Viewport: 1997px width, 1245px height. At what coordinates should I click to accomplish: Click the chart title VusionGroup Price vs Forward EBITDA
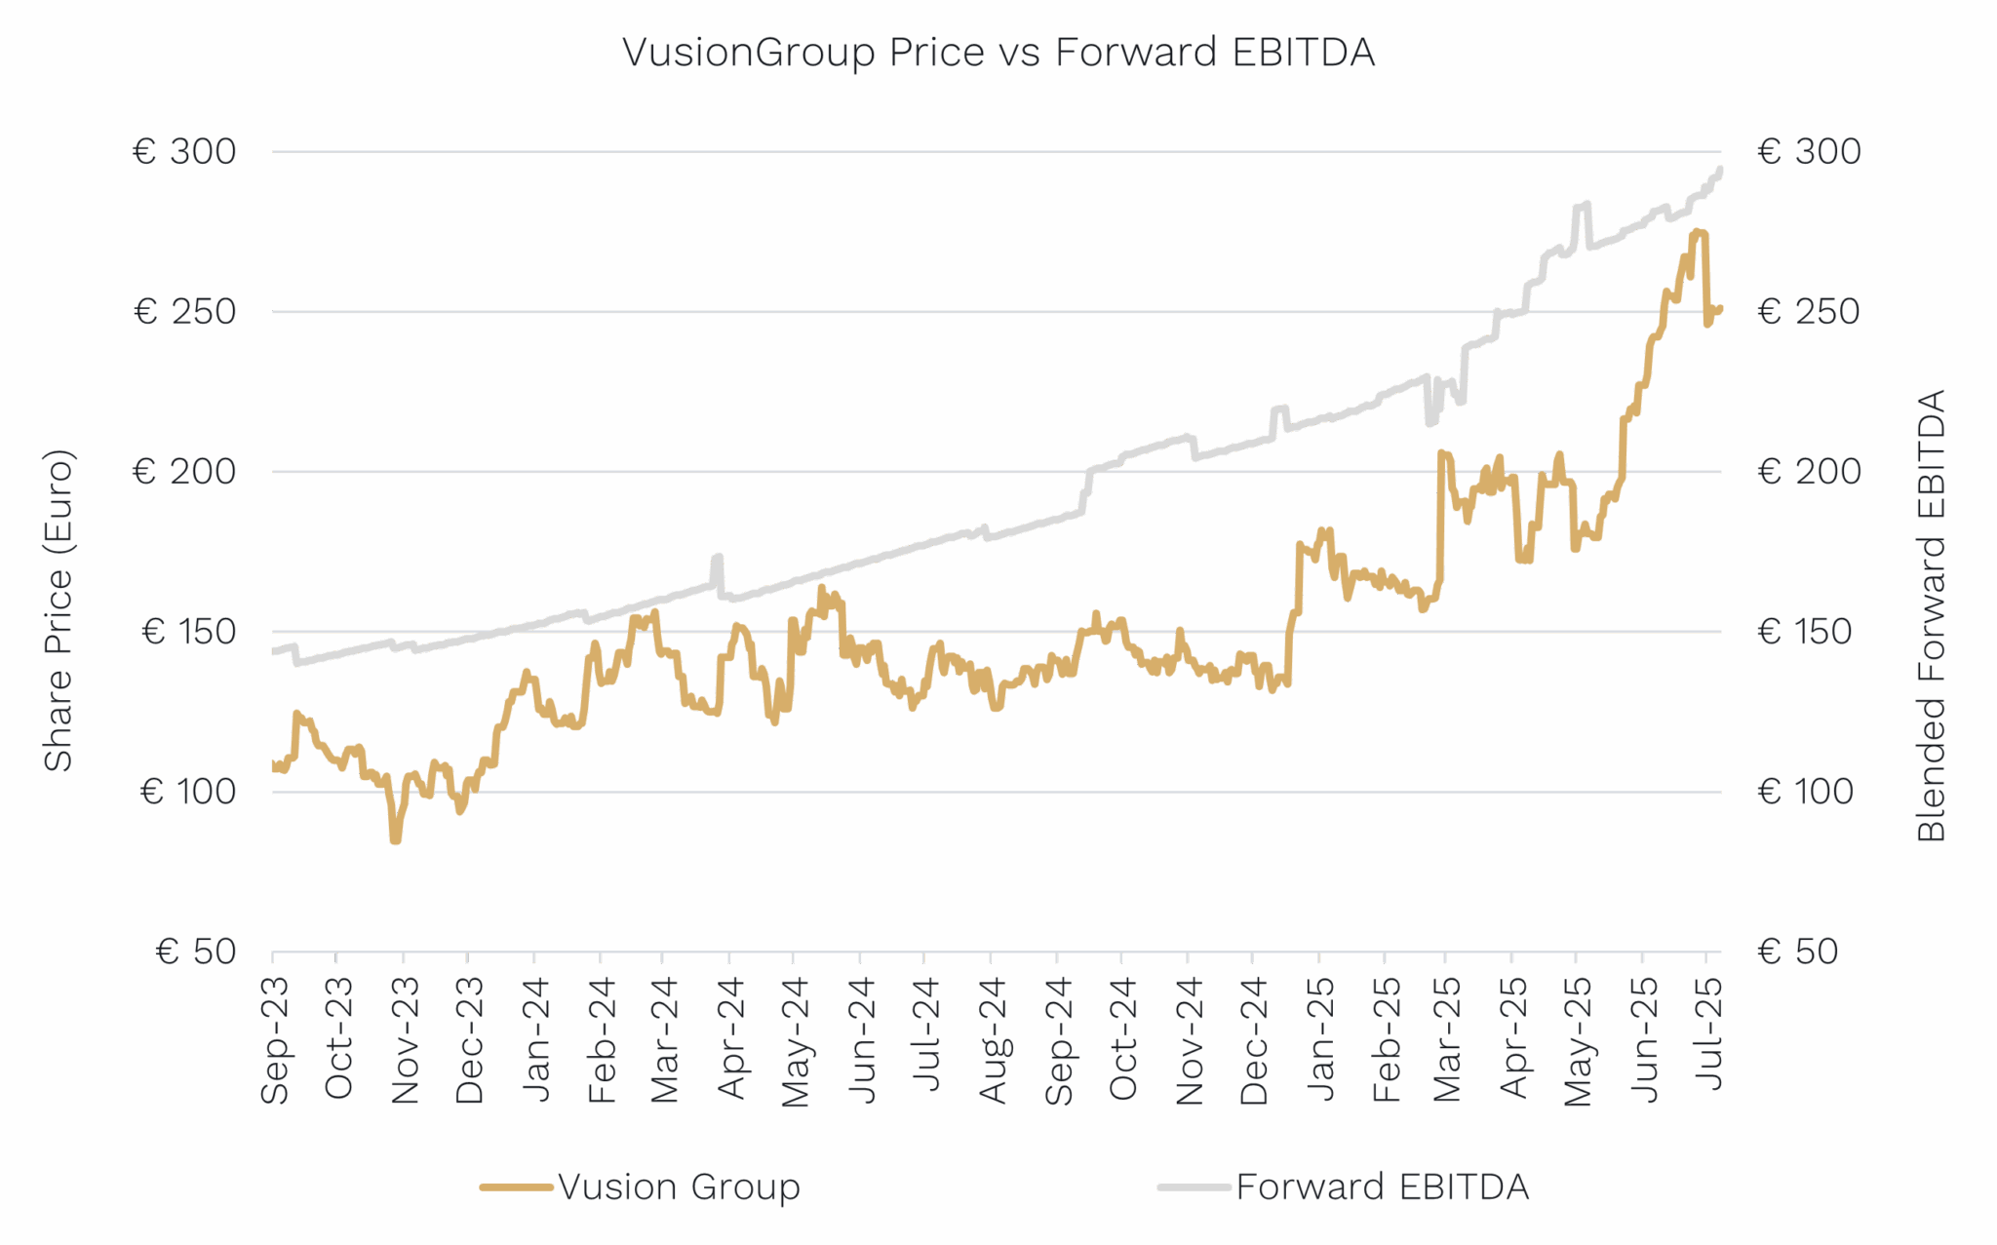pyautogui.click(x=998, y=53)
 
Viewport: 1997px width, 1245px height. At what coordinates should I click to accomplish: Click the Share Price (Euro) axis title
pyautogui.click(x=59, y=610)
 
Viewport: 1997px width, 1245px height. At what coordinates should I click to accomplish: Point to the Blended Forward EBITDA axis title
pyautogui.click(x=1931, y=615)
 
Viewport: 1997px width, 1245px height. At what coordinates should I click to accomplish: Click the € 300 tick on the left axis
pyautogui.click(x=185, y=152)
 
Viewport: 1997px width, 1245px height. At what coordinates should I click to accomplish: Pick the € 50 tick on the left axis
pyautogui.click(x=196, y=952)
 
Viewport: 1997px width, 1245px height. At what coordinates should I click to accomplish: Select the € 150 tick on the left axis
pyautogui.click(x=188, y=632)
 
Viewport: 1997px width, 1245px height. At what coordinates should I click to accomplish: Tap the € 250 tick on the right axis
pyautogui.click(x=1809, y=312)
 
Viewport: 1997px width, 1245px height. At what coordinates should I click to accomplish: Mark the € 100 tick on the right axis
pyautogui.click(x=1805, y=792)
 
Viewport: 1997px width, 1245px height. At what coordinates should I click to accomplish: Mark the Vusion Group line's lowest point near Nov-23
pyautogui.click(x=395, y=840)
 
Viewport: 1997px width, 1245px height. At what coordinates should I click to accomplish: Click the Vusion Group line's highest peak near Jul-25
pyautogui.click(x=1699, y=231)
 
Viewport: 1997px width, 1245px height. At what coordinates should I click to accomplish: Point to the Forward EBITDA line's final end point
pyautogui.click(x=1721, y=169)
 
